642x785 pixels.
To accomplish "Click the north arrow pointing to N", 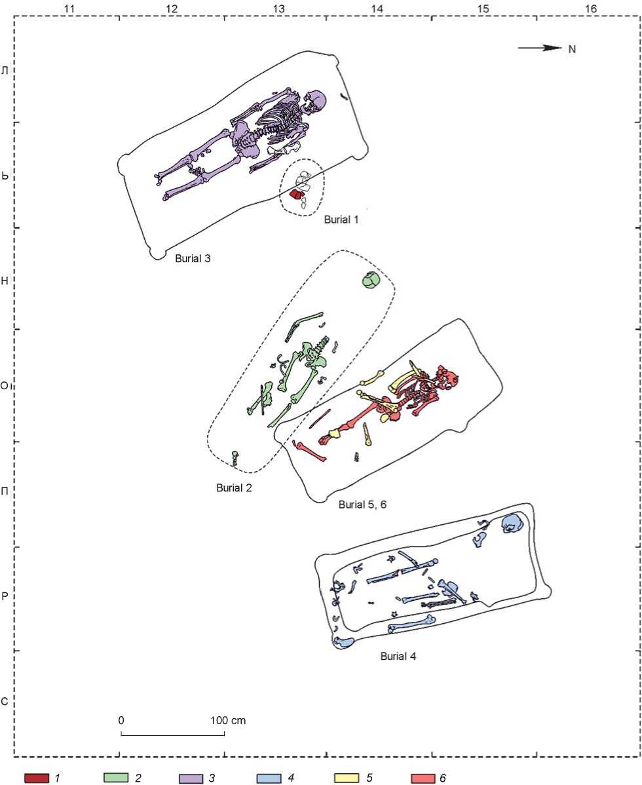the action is pos(540,48).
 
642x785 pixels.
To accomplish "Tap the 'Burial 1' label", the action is pos(341,220).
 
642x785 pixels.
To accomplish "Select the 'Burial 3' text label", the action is pos(193,258).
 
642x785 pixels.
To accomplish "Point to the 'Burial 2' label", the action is pos(234,488).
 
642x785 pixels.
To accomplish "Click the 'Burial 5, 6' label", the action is pos(362,504).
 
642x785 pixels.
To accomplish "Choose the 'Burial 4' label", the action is pos(398,656).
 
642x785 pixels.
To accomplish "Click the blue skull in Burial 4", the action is pos(512,524).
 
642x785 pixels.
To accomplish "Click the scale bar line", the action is pos(173,735).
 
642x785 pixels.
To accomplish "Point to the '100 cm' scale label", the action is pos(228,720).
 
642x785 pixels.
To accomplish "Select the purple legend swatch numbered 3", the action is pos(191,778).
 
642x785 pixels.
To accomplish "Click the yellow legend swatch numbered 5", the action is pos(347,778).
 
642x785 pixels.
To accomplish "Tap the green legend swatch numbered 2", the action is pos(115,778).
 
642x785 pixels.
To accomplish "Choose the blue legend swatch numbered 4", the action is pos(269,778).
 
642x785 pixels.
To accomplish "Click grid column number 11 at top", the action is pos(70,8).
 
